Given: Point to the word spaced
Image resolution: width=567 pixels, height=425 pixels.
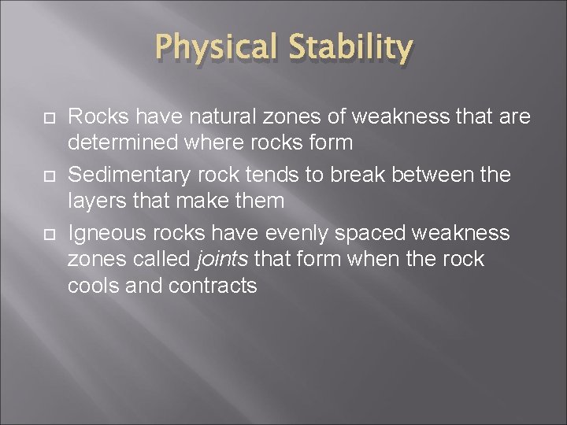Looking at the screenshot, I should point(375,234).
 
